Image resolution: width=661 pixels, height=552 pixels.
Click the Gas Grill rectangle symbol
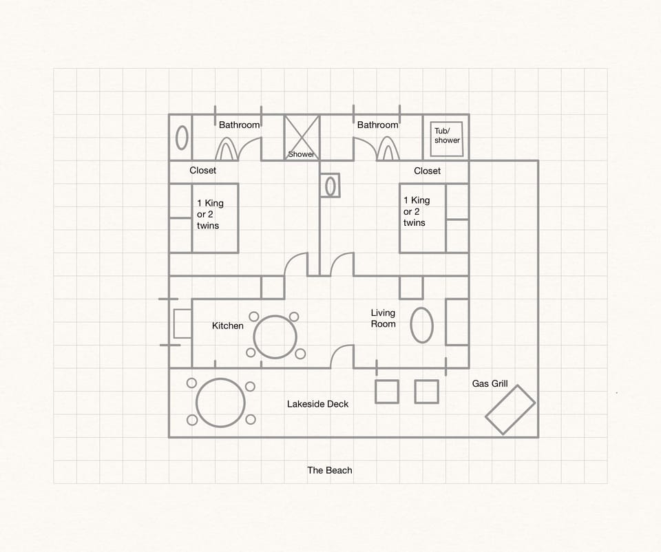[510, 410]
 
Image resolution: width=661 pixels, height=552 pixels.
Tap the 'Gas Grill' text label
[490, 383]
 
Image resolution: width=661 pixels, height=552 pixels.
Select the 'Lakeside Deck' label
[317, 404]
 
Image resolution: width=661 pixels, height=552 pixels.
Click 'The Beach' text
[329, 470]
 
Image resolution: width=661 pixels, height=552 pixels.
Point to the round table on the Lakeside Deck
[220, 403]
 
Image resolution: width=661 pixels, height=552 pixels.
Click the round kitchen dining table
[275, 337]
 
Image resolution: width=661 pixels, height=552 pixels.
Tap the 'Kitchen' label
[227, 326]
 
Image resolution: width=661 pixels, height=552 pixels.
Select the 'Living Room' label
[383, 318]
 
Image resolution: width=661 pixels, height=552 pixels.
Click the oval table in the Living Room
[421, 325]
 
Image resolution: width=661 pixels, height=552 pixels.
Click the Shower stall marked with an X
[302, 137]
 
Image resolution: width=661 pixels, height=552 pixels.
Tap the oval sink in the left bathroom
[182, 137]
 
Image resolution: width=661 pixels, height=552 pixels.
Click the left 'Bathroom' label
[239, 125]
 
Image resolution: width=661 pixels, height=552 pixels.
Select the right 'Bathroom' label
[377, 125]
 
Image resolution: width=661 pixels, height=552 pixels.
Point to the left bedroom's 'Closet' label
[202, 170]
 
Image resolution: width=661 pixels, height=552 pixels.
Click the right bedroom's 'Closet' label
[427, 171]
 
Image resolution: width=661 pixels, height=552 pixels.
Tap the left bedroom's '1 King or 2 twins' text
[209, 214]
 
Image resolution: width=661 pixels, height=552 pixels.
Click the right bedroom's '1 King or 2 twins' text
[416, 211]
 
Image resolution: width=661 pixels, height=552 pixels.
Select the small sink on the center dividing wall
[330, 185]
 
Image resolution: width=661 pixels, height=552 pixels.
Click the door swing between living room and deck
[342, 357]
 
